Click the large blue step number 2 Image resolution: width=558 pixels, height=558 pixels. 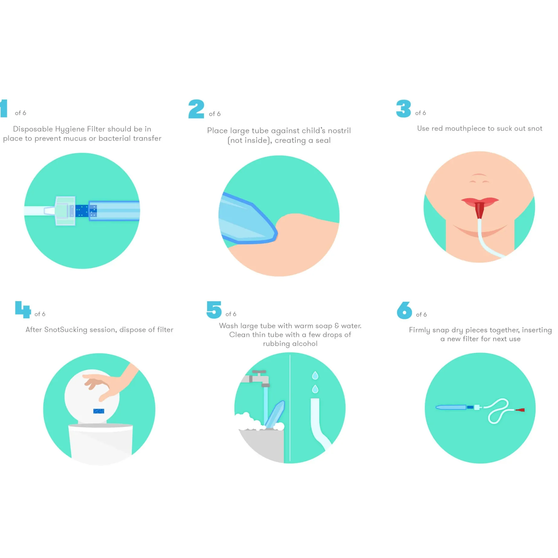pos(196,109)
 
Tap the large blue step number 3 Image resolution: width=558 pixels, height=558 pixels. pos(403,108)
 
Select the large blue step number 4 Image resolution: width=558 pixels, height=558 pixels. pos(23,309)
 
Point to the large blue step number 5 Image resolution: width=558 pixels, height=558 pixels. pos(214,310)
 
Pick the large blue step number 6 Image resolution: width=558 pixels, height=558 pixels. pos(405,310)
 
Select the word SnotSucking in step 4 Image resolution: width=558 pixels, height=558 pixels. pos(66,329)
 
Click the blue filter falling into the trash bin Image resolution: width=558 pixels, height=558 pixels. pos(99,411)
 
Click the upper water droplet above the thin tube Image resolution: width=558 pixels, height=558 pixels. pos(315,375)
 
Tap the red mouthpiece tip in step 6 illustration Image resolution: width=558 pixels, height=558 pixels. pos(520,410)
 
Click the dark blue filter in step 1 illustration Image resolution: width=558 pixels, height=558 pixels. pos(82,211)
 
